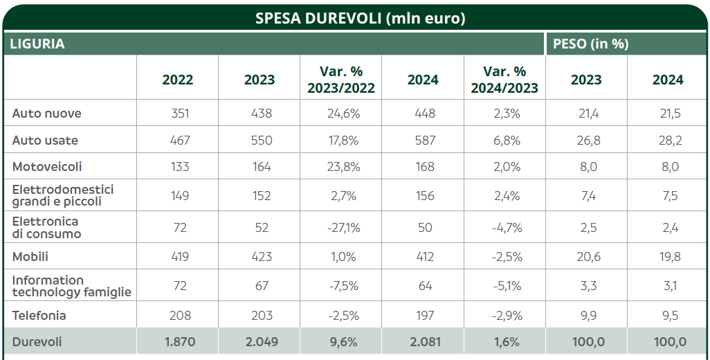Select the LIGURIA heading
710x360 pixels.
point(37,44)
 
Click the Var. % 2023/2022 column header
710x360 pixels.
point(341,80)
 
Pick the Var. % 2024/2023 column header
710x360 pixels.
point(504,80)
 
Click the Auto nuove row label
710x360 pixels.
point(47,114)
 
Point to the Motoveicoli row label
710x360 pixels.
point(47,167)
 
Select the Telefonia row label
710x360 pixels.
point(39,316)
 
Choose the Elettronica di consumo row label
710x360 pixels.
point(46,228)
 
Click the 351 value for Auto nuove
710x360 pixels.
point(180,114)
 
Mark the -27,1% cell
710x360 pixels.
point(341,228)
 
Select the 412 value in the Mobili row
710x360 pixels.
point(423,257)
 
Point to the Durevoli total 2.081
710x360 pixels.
point(423,342)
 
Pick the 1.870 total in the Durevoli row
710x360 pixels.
point(180,342)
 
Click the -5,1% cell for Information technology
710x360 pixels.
point(504,286)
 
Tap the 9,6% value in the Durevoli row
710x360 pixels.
point(341,342)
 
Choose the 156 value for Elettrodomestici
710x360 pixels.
point(423,196)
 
